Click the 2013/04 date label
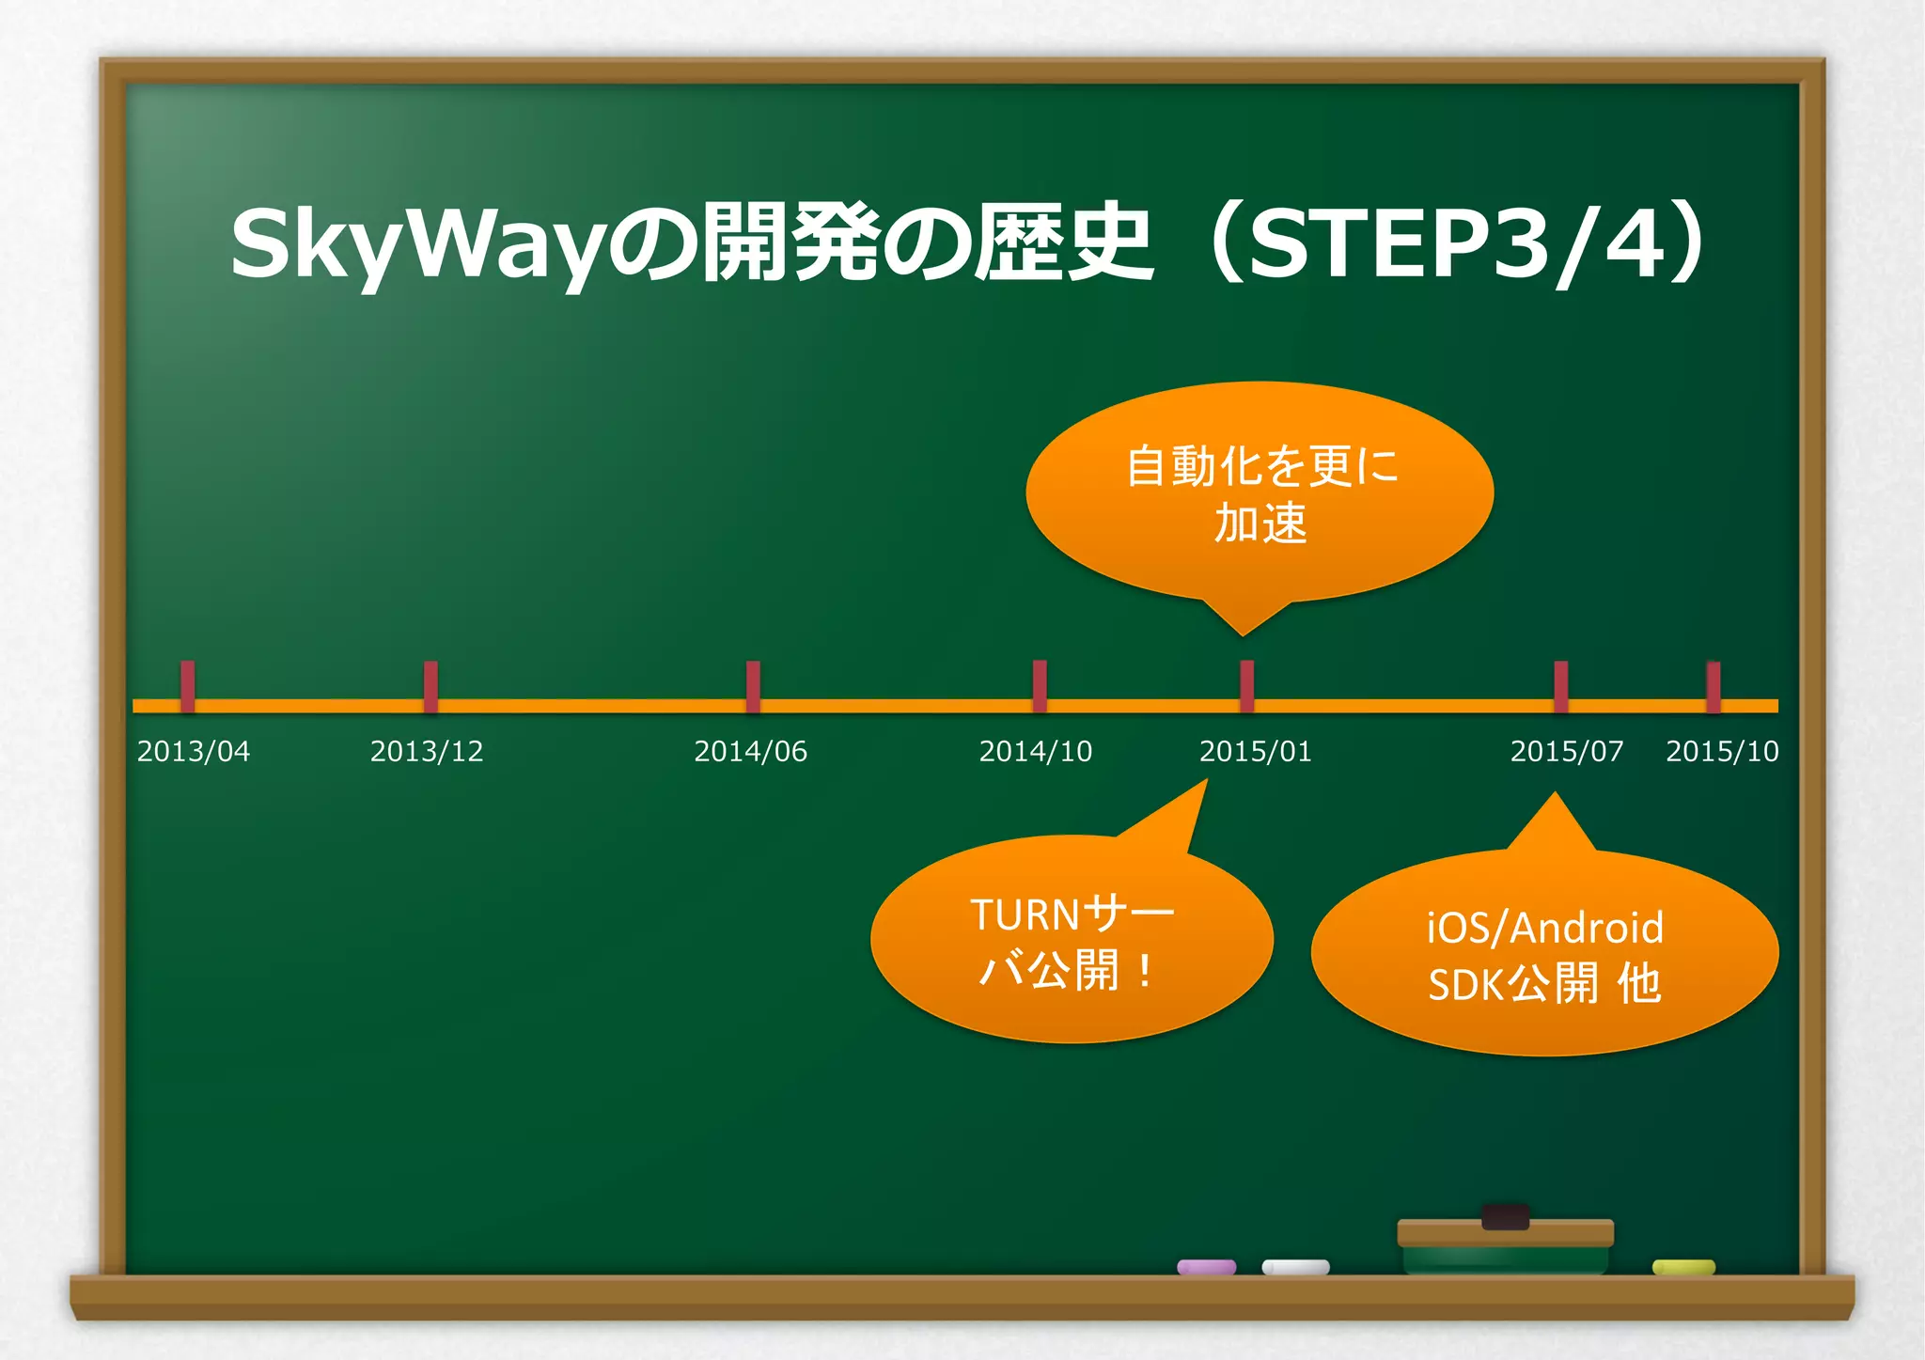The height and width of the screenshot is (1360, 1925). [x=194, y=751]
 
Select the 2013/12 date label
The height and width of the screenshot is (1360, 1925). [x=427, y=751]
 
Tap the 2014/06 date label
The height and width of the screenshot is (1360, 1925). [x=750, y=751]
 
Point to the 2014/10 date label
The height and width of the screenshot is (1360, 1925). [x=1036, y=751]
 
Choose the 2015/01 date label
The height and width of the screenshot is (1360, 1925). [x=1256, y=751]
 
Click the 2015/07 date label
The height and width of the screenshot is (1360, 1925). [x=1567, y=751]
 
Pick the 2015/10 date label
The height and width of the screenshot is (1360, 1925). [x=1722, y=751]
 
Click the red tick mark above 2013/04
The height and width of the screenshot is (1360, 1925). [x=188, y=685]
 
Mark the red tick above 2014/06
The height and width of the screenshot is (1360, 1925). [x=753, y=685]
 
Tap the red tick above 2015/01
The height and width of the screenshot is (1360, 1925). [x=1247, y=685]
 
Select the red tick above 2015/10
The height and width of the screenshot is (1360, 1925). [x=1714, y=685]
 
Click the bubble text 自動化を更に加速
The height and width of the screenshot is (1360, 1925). [x=1260, y=494]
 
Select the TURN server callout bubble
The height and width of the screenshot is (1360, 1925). [x=1072, y=940]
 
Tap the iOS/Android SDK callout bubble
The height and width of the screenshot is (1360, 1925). [x=1544, y=954]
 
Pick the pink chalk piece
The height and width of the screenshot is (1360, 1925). [x=1207, y=1267]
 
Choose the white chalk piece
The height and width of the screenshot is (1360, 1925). [x=1295, y=1267]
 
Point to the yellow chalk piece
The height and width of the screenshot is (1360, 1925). [x=1683, y=1267]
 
